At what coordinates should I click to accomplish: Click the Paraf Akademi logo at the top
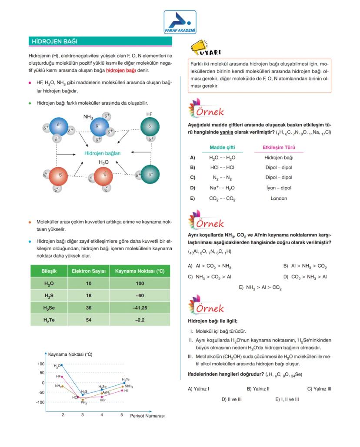pos(180,22)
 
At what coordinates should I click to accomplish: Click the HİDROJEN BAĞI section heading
pos(54,42)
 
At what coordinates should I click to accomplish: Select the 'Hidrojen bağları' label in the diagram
pos(102,153)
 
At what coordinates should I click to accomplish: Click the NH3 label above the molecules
pos(88,117)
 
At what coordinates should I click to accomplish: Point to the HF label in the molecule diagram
pos(149,113)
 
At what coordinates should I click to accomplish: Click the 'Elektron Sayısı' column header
pos(89,272)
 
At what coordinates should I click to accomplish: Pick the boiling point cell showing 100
pos(140,283)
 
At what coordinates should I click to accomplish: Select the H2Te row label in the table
pos(49,320)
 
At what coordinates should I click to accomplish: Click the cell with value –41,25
pos(140,308)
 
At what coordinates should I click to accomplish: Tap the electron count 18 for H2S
pos(89,295)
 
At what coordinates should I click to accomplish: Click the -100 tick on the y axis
pos(40,402)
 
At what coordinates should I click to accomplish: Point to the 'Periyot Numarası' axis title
pos(147,416)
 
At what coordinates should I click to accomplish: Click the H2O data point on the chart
pos(62,365)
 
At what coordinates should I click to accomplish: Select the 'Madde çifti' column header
pos(222,147)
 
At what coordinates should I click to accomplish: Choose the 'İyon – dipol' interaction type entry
pos(279,188)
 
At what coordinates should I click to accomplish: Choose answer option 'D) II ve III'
pos(231,399)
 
